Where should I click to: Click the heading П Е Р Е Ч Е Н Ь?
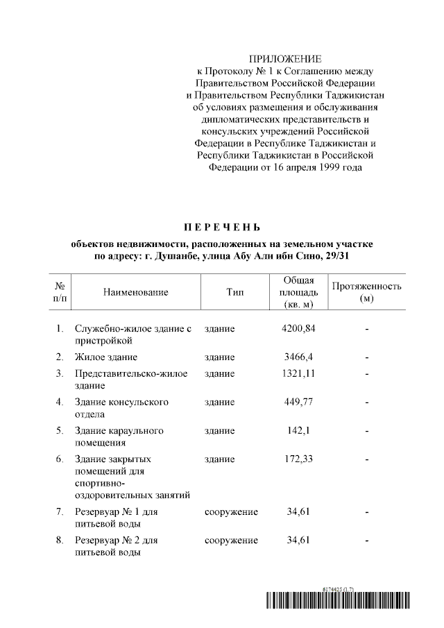pyautogui.click(x=222, y=227)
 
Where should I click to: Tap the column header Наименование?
pyautogui.click(x=136, y=293)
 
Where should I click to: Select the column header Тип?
pyautogui.click(x=234, y=293)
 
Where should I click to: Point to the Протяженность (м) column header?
pyautogui.click(x=366, y=292)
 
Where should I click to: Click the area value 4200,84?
pyautogui.click(x=299, y=328)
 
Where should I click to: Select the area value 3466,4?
pyautogui.click(x=299, y=357)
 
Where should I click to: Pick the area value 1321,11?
pyautogui.click(x=299, y=373)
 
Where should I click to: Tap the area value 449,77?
pyautogui.click(x=299, y=402)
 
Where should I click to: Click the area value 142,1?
pyautogui.click(x=299, y=431)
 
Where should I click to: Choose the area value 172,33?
pyautogui.click(x=299, y=459)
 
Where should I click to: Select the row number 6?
pyautogui.click(x=60, y=459)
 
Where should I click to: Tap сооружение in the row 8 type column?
pyautogui.click(x=231, y=541)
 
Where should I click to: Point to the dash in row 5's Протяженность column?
pyautogui.click(x=366, y=431)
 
